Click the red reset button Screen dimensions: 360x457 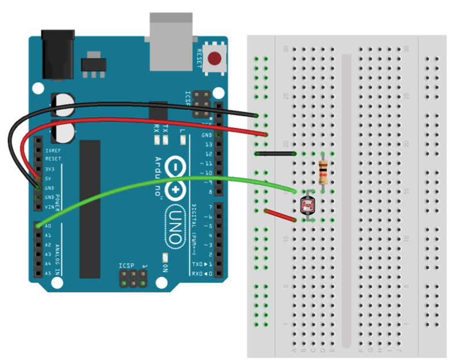point(215,58)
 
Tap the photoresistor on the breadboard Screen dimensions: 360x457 point(308,205)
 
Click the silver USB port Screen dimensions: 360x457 point(171,40)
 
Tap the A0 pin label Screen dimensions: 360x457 point(47,226)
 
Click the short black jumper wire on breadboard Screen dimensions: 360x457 point(276,154)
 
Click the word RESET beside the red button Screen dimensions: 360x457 point(200,59)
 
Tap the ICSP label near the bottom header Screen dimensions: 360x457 point(126,266)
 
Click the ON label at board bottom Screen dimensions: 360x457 point(165,268)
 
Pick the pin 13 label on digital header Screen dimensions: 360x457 point(208,144)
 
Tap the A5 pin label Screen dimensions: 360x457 point(47,273)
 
